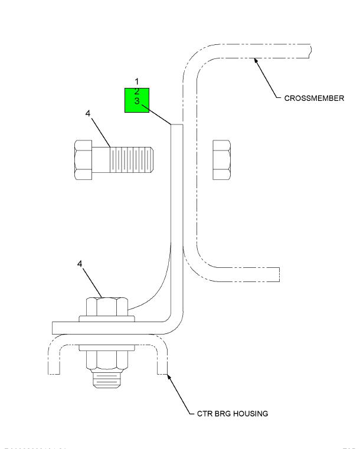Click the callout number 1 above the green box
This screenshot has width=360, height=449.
(x=136, y=81)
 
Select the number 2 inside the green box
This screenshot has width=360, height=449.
(x=136, y=91)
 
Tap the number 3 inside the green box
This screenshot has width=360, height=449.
(x=136, y=101)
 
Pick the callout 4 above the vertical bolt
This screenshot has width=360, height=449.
(x=80, y=264)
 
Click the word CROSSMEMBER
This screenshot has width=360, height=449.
(x=314, y=98)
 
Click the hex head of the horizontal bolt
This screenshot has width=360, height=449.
(x=84, y=159)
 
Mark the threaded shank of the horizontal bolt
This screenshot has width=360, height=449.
(x=131, y=159)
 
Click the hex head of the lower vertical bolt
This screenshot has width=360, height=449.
(x=107, y=307)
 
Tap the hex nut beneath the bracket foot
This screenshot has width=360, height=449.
(x=107, y=359)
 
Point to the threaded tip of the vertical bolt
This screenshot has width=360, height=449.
(x=107, y=380)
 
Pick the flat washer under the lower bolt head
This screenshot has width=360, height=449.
(x=107, y=319)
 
